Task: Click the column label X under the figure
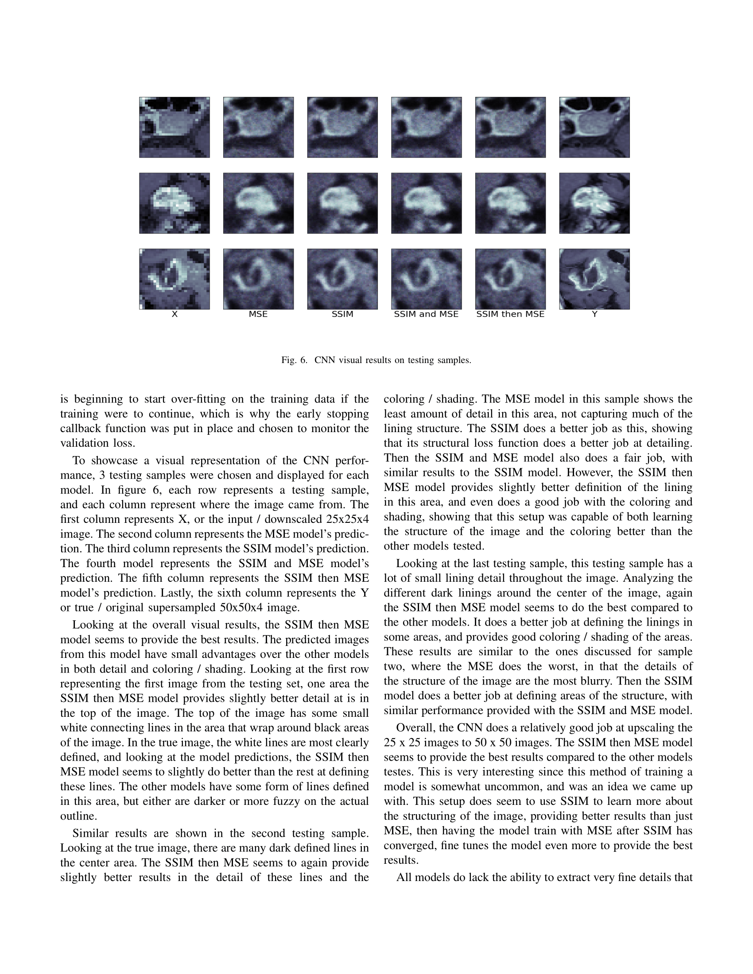175,314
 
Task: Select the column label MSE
258,314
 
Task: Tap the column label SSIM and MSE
426,314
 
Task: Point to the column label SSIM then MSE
510,314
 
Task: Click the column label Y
594,314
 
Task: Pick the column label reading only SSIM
342,314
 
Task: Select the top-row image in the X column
175,127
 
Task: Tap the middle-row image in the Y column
594,203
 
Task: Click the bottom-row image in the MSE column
258,279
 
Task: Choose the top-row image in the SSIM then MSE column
510,127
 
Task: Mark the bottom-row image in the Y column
594,279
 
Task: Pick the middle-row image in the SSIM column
342,203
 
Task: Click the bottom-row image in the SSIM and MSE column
426,279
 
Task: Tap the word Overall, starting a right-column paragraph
415,728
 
